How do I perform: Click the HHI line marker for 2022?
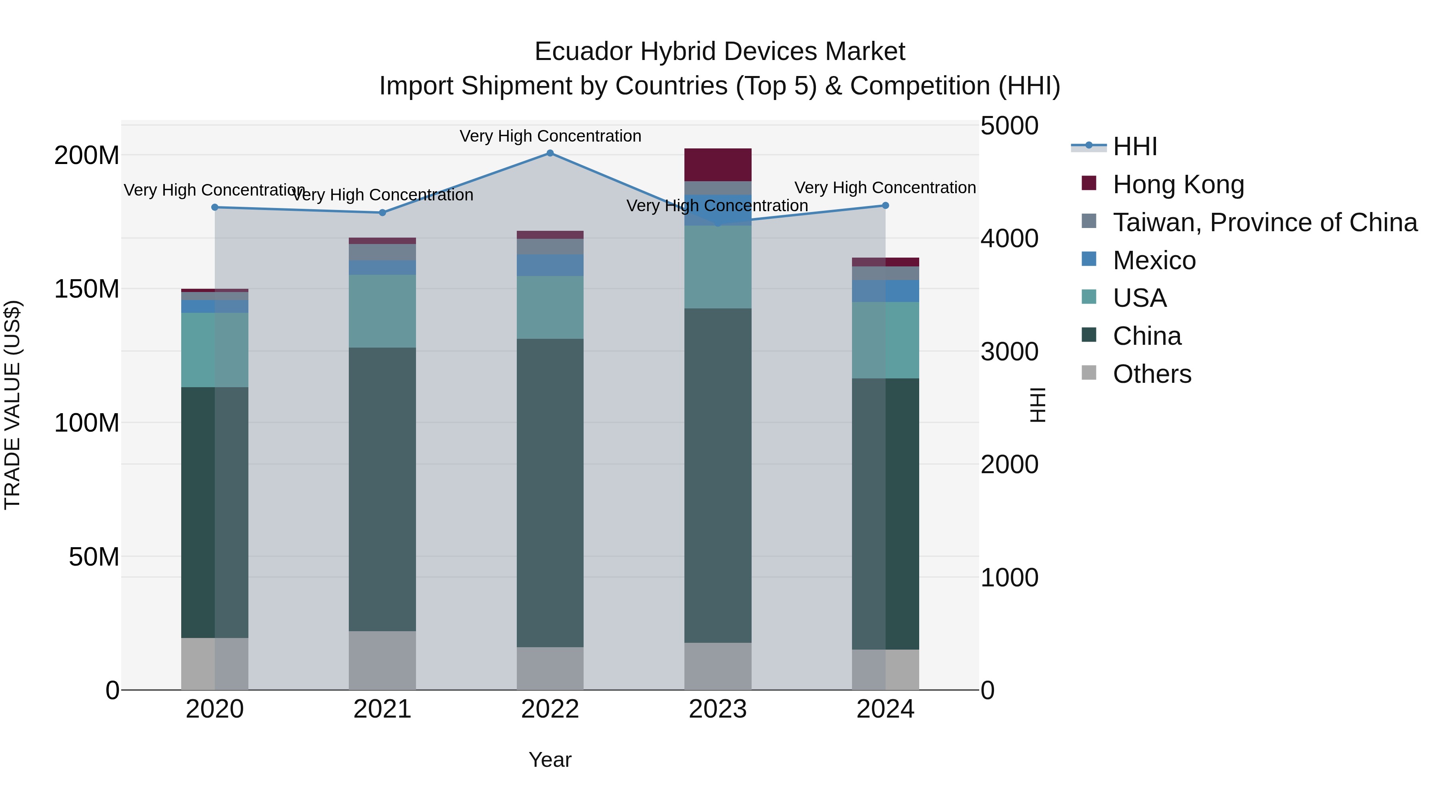point(550,153)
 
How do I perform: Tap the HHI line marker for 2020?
point(215,207)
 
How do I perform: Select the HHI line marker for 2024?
point(886,206)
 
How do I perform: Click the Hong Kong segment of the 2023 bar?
point(718,165)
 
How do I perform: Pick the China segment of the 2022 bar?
point(550,492)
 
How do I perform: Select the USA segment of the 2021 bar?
point(382,311)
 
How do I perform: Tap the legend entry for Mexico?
point(1154,260)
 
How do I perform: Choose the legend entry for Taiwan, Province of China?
point(1264,222)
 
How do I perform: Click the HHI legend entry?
point(1134,146)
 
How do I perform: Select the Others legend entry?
point(1152,374)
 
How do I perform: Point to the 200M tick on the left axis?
point(87,156)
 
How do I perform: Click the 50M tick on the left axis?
point(94,557)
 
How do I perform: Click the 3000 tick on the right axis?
point(1010,352)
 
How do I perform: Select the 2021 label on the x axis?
point(382,709)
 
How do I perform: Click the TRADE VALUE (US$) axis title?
point(12,405)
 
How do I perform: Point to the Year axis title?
point(550,760)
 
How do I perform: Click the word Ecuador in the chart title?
point(584,52)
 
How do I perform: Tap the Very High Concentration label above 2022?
point(550,136)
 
